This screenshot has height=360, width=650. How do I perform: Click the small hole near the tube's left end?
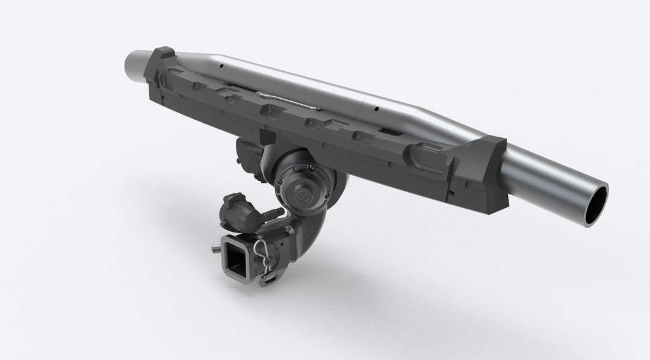click(x=222, y=65)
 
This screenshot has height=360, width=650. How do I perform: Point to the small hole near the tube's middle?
click(x=376, y=110)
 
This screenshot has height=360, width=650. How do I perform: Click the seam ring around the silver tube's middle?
click(x=359, y=107)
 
